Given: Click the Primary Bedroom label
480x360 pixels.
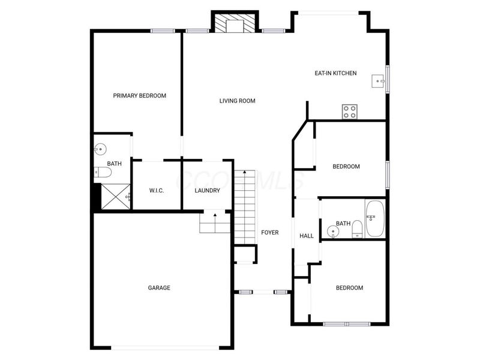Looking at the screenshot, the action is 140,96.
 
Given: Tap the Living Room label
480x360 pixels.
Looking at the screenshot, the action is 237,101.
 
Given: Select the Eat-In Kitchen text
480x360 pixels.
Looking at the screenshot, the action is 335,73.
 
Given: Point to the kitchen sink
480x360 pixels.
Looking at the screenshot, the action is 379,81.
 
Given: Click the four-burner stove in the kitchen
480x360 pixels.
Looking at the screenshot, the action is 350,112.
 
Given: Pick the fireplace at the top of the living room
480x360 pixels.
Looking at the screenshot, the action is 235,23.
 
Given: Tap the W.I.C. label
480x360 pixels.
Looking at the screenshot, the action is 157,191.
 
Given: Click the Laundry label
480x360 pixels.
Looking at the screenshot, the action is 207,191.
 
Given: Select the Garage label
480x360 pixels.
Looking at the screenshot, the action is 159,288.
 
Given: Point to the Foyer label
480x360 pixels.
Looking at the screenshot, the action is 269,233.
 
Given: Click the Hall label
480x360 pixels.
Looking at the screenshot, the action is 307,236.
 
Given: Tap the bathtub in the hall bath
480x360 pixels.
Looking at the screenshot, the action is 374,218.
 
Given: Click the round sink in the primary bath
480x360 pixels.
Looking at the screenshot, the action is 100,149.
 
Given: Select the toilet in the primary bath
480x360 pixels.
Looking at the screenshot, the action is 103,172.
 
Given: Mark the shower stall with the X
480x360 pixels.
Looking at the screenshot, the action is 116,197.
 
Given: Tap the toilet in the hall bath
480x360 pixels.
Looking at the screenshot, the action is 357,229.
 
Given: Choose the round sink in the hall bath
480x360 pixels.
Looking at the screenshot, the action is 333,232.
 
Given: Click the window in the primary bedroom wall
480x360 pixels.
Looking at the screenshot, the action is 163,31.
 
